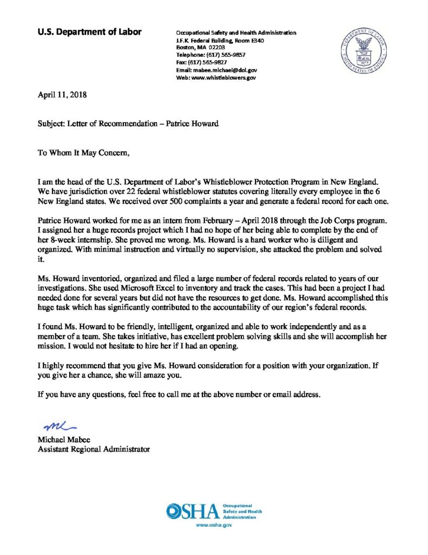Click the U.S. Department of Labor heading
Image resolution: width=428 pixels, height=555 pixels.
[x=89, y=32]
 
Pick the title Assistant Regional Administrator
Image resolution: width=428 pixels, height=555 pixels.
[x=94, y=449]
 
